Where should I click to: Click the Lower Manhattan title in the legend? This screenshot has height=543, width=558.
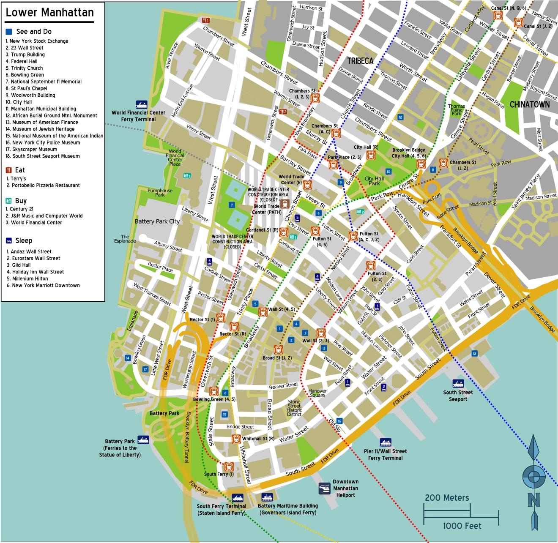click(x=49, y=13)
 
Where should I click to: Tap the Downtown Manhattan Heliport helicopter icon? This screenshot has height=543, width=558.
click(x=324, y=488)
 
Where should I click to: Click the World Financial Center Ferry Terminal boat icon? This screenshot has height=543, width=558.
click(x=142, y=104)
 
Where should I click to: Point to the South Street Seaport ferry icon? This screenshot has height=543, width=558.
click(x=458, y=384)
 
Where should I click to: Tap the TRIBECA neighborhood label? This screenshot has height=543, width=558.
click(x=360, y=61)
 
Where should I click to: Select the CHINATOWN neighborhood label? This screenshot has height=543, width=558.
click(x=529, y=104)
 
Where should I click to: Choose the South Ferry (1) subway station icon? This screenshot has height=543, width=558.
click(x=229, y=467)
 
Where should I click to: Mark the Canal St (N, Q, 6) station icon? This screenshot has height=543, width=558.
click(x=497, y=16)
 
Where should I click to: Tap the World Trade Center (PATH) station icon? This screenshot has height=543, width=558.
click(x=285, y=204)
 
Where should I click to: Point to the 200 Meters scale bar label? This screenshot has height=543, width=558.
click(x=447, y=498)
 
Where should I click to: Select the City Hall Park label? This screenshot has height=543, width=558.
click(x=374, y=181)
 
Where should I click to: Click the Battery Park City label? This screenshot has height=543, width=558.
click(x=157, y=221)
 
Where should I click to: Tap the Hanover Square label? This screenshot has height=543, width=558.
click(x=317, y=393)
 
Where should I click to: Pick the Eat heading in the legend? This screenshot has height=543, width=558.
click(x=20, y=170)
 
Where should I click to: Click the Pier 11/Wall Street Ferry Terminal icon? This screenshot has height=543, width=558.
click(x=385, y=442)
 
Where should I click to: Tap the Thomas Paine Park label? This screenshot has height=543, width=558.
click(x=457, y=110)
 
